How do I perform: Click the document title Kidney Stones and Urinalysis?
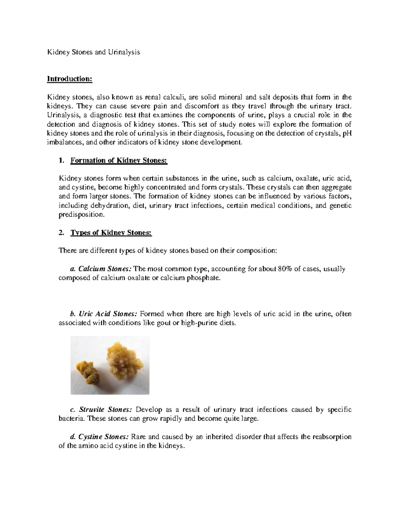coord(93,52)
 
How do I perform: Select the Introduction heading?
coord(69,79)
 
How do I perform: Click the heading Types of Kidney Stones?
coord(111,233)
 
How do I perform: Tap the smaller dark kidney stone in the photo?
coord(87,371)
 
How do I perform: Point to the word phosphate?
coord(206,278)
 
